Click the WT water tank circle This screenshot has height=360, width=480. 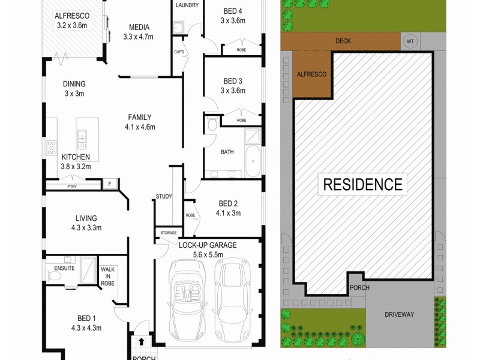[x=410, y=41]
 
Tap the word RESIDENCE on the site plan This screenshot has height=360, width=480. [x=363, y=184]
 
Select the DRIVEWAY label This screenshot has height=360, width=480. [x=399, y=314]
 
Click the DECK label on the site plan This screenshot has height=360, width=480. [x=343, y=41]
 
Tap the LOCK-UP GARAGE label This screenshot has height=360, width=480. [x=208, y=245]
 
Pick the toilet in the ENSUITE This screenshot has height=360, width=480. [x=52, y=275]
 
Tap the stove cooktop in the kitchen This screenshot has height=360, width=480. [x=52, y=147]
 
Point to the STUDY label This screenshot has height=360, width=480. [x=163, y=196]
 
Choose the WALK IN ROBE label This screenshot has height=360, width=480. [x=107, y=276]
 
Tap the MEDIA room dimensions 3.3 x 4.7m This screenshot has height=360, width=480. [x=138, y=37]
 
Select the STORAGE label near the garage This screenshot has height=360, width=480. [x=169, y=232]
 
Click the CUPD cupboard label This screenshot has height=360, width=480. [x=179, y=52]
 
